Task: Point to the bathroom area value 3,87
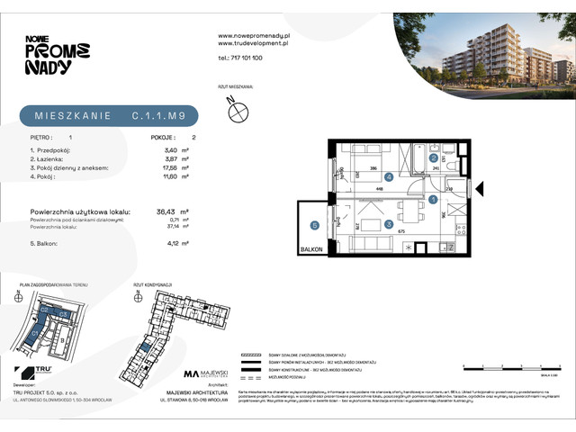160,158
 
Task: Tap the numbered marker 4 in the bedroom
390,176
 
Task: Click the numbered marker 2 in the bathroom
433,158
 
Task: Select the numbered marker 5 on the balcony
315,225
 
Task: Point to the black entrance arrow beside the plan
479,189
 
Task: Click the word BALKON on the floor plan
310,250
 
